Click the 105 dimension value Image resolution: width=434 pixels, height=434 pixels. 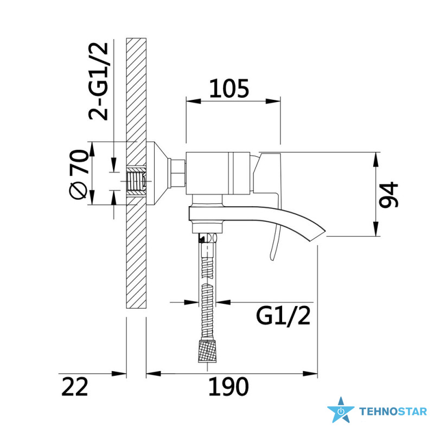[229, 88]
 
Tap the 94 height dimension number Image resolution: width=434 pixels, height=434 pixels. [388, 194]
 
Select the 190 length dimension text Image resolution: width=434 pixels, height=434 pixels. [228, 386]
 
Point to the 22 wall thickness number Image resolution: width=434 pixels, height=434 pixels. [74, 386]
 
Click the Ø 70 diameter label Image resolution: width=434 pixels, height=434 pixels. [78, 174]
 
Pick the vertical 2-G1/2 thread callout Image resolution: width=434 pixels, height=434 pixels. [98, 81]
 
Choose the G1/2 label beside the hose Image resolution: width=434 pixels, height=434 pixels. [283, 315]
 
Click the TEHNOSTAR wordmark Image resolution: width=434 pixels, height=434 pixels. [393, 412]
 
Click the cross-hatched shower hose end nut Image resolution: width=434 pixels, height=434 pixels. [207, 350]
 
